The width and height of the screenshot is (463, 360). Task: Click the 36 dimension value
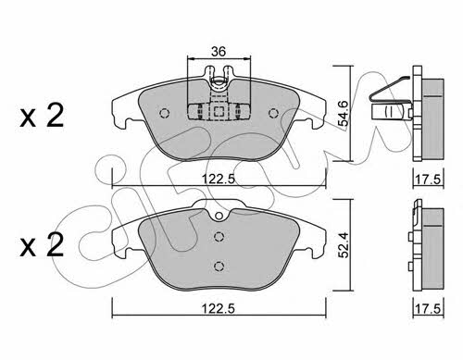tap(219, 51)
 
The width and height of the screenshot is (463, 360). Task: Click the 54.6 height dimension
tap(343, 113)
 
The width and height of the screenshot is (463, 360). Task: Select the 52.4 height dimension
tap(343, 245)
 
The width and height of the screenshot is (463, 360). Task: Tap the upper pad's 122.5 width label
tap(219, 179)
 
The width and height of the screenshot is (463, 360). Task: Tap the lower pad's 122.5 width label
tap(219, 309)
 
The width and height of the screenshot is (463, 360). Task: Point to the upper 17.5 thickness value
tap(429, 180)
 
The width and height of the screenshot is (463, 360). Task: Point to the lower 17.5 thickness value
tap(429, 309)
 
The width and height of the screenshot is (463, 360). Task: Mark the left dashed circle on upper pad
tap(165, 113)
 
